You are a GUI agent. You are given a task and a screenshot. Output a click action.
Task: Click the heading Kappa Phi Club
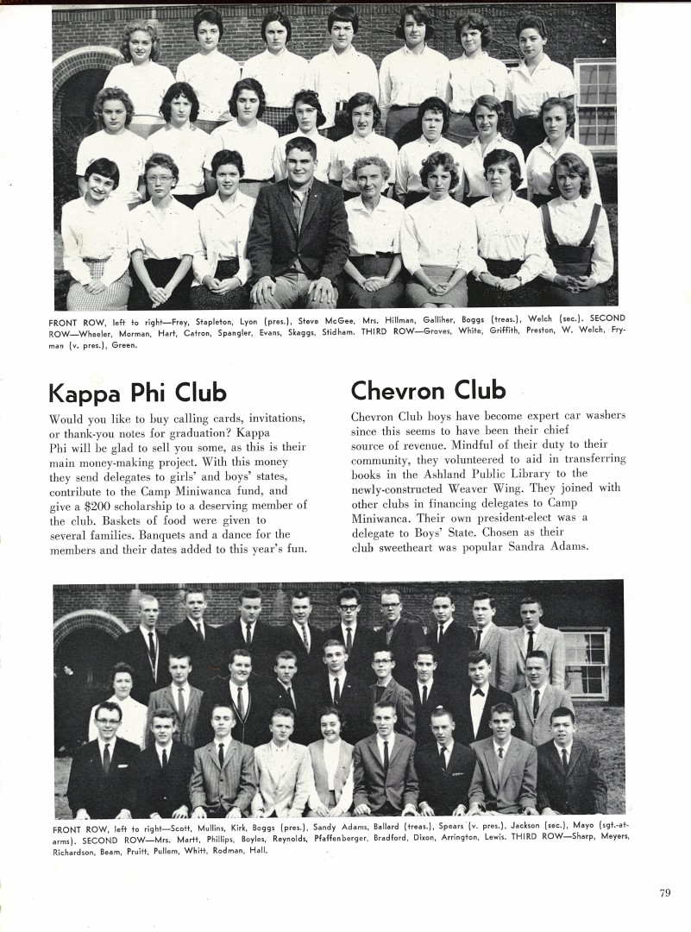pyautogui.click(x=137, y=394)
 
